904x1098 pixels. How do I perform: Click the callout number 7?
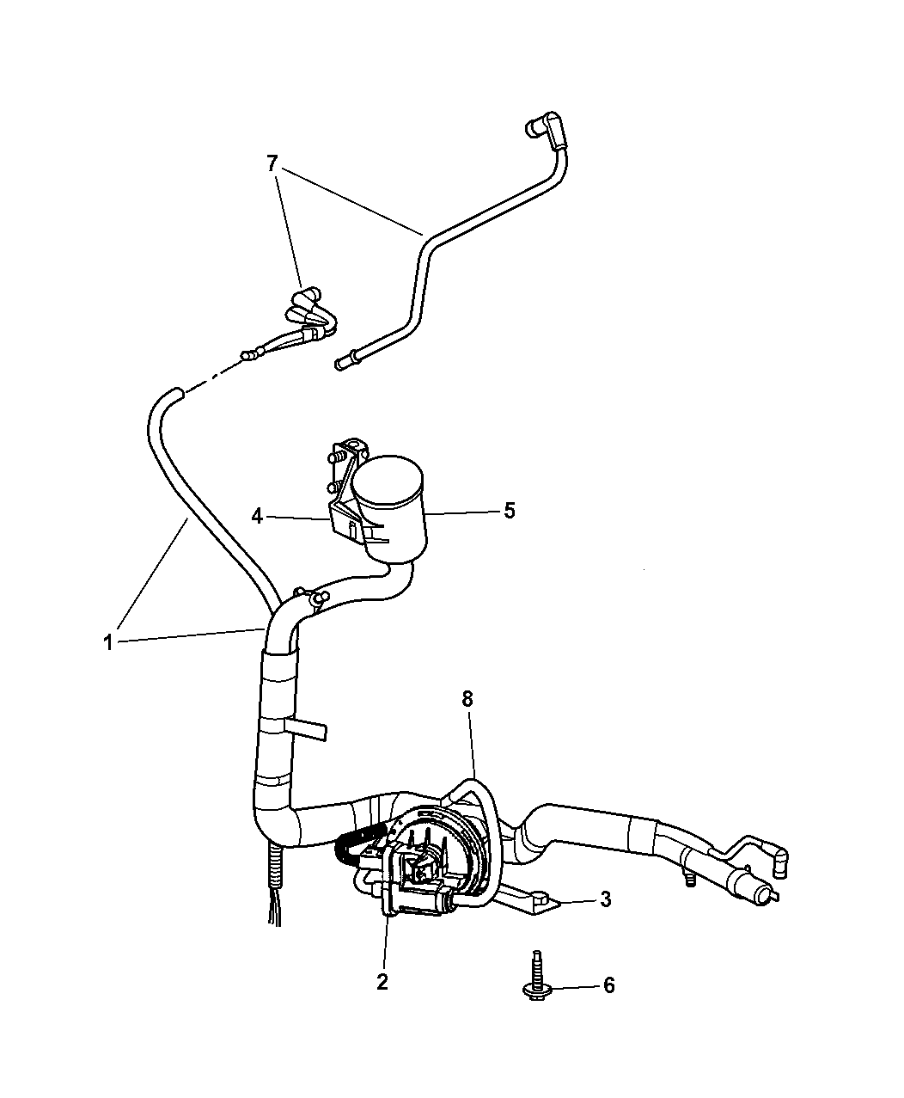pyautogui.click(x=272, y=164)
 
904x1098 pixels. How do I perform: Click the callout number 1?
pyautogui.click(x=107, y=642)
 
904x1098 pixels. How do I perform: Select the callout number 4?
pyautogui.click(x=257, y=517)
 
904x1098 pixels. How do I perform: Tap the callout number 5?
pyautogui.click(x=510, y=511)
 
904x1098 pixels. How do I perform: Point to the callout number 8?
pyautogui.click(x=467, y=699)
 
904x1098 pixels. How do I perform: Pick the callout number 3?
pyautogui.click(x=606, y=899)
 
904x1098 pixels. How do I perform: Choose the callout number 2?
pyautogui.click(x=382, y=982)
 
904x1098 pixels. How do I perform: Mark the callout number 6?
pyautogui.click(x=608, y=985)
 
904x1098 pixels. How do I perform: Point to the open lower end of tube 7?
pyautogui.click(x=343, y=364)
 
